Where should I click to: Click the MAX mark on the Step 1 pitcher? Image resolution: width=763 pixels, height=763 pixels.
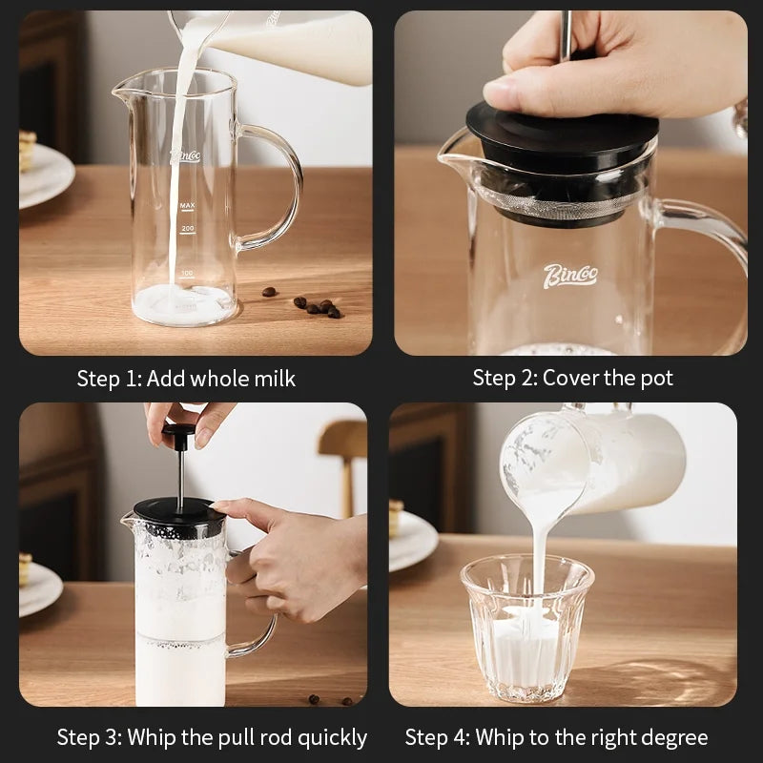coord(187,206)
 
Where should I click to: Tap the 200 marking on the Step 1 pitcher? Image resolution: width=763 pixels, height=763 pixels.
coord(188,229)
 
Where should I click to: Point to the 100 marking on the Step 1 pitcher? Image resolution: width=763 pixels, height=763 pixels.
coord(187,273)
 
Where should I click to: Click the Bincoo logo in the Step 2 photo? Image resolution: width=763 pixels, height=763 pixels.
coord(570,276)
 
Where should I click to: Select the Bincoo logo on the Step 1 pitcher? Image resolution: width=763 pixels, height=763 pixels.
coord(185,156)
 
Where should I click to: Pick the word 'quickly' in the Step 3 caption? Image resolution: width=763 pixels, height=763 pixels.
coord(332,738)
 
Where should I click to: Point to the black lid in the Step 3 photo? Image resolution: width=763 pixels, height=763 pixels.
coord(180,515)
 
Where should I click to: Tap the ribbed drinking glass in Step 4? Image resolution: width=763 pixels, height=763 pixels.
coord(527,629)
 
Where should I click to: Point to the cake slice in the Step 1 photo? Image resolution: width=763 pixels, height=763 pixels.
coord(28,150)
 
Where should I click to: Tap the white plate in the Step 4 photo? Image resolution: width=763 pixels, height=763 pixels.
coord(413,541)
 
